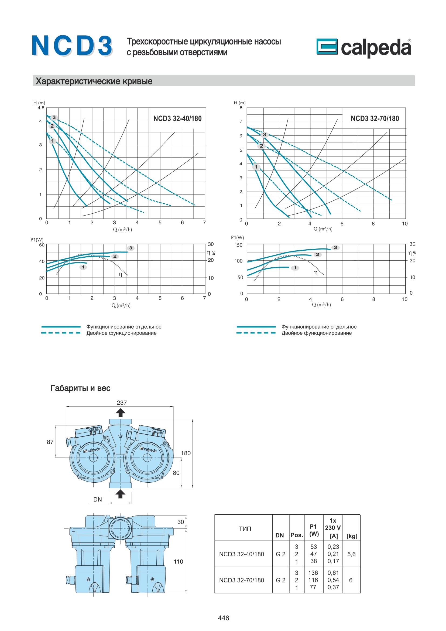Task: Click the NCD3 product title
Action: (x=72, y=46)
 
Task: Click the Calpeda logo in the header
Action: (x=363, y=47)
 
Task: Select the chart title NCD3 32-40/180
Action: (x=177, y=119)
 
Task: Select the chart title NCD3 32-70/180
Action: (x=375, y=119)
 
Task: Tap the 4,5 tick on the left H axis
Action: (x=41, y=108)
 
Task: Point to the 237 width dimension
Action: (x=122, y=403)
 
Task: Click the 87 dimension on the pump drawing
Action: (x=50, y=442)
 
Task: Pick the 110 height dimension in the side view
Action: (x=178, y=561)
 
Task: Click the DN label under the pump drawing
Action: (x=98, y=499)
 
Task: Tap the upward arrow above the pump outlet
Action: (x=120, y=413)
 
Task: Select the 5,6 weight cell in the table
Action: (x=351, y=554)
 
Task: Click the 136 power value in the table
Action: (x=313, y=573)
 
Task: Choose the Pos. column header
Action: (x=297, y=535)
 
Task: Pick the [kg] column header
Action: (x=352, y=536)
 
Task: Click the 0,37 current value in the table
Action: (x=333, y=587)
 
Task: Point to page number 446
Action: (x=223, y=618)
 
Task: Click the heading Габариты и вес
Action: (x=80, y=388)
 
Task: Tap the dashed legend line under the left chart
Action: (x=61, y=333)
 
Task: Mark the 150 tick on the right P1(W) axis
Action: (x=238, y=245)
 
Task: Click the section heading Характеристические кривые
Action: (x=94, y=81)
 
